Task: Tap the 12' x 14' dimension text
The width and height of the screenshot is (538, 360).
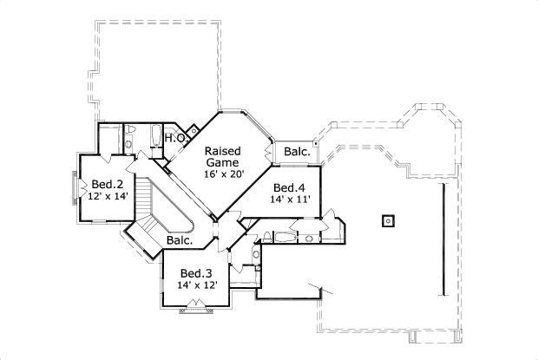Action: click(108, 197)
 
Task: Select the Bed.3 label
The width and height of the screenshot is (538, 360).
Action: click(195, 272)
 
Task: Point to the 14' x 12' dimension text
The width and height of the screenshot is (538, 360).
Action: click(196, 285)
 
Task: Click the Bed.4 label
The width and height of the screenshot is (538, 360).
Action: click(289, 187)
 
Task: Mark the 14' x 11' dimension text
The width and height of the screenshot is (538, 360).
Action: click(290, 200)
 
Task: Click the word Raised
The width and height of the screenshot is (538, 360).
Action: click(223, 149)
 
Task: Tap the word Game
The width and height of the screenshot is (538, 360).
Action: click(223, 161)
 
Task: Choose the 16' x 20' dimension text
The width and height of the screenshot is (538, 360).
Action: click(224, 174)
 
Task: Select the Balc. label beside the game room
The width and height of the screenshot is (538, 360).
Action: click(297, 152)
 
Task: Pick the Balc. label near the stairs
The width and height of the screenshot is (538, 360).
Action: click(180, 239)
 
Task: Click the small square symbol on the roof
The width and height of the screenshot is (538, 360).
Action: click(387, 219)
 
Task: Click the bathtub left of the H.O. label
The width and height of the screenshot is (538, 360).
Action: click(155, 137)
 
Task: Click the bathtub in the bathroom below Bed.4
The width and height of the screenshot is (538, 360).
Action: click(285, 236)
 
